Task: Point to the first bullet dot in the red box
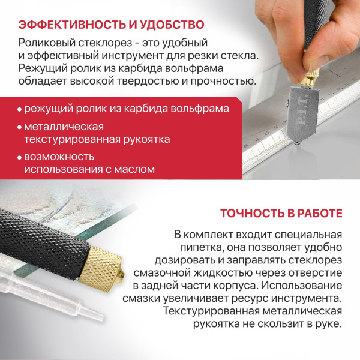(x=19, y=110)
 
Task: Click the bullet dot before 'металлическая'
(x=19, y=128)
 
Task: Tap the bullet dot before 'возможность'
(x=19, y=158)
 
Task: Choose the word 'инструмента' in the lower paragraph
(x=304, y=298)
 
